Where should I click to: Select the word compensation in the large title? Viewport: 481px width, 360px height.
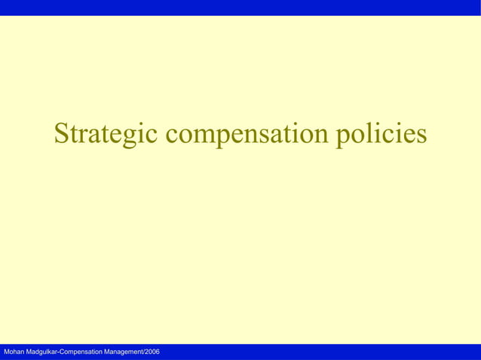tap(247, 135)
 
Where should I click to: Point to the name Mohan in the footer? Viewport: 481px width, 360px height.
tap(14, 352)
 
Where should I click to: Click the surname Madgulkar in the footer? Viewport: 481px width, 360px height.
tap(46, 352)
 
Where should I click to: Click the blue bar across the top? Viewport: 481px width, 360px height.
tap(240, 8)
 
